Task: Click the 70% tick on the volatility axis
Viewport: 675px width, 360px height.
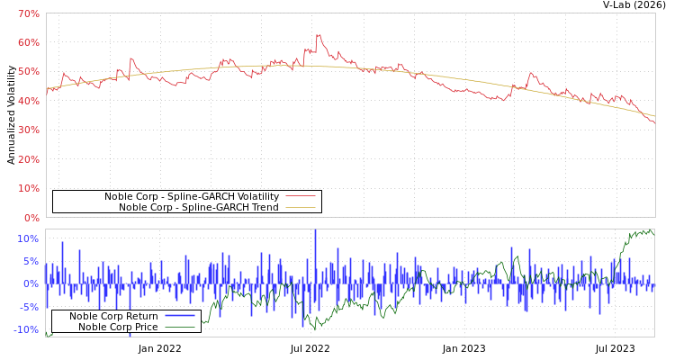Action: [28, 13]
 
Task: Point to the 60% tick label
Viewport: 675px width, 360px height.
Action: [28, 42]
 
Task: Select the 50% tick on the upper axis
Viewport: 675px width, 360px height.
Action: [28, 72]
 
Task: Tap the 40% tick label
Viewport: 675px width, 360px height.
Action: [28, 101]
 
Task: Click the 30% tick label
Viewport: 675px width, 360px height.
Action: [28, 130]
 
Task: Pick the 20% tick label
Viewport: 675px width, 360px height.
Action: [28, 159]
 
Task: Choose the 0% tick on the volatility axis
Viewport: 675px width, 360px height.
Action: [31, 218]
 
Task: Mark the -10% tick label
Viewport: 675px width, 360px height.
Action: [26, 329]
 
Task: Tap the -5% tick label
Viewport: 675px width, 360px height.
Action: [29, 307]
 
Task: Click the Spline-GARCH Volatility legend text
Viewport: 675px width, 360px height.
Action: [191, 196]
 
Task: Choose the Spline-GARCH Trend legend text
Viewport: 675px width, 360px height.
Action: [198, 207]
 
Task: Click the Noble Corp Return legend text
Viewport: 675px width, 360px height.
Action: [113, 316]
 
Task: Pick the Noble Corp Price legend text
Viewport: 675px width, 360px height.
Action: [117, 327]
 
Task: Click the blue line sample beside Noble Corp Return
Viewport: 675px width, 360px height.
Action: [180, 316]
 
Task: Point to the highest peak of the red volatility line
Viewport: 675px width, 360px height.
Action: [318, 35]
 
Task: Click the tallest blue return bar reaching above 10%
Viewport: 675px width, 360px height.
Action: [315, 232]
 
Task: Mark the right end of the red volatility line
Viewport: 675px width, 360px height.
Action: [654, 121]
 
